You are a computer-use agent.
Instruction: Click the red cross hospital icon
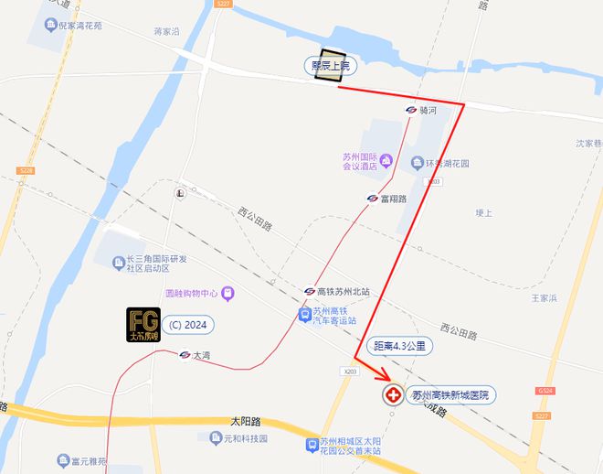[x=394, y=396]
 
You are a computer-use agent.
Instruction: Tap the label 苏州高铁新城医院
[x=450, y=396]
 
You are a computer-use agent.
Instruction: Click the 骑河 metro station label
[x=428, y=110]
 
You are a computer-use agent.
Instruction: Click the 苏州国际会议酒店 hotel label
[x=360, y=161]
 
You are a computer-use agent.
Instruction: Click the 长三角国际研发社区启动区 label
[x=156, y=264]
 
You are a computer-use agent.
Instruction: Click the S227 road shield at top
[x=220, y=5]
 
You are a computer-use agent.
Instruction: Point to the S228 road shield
[x=25, y=171]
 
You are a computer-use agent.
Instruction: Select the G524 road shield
[x=545, y=391]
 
